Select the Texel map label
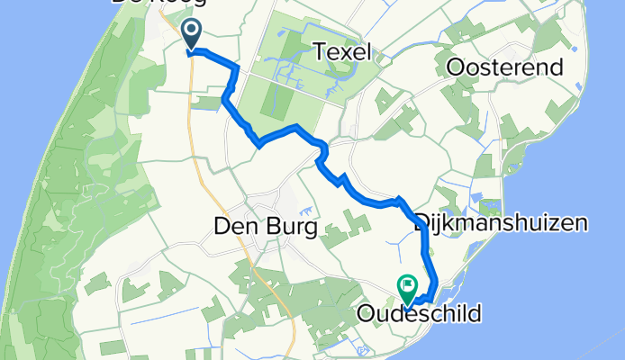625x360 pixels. coord(344,53)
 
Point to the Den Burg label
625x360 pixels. coord(266,229)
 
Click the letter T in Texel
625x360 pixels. coord(319,53)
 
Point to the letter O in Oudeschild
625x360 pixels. coord(366,314)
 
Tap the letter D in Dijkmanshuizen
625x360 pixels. coord(423,222)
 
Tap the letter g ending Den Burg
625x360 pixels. coord(311,230)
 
